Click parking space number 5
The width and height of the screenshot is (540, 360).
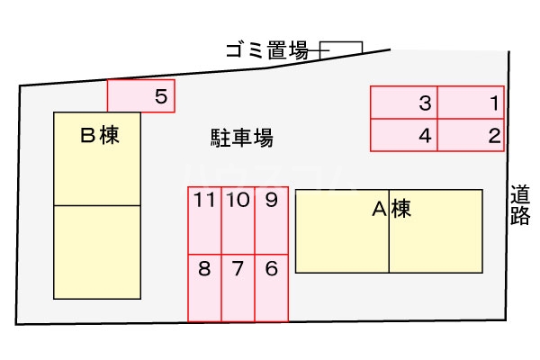pos(140,95)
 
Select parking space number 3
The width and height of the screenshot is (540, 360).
pos(405,103)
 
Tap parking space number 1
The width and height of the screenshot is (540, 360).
pos(471,103)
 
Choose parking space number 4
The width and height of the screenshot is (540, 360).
pos(405,135)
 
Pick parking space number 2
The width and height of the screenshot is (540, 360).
pos(471,135)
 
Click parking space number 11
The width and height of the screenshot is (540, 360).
pos(204,221)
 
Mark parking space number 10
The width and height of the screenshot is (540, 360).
pos(238,221)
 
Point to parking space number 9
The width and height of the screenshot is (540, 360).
pos(271,221)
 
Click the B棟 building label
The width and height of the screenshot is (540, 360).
pos(100,136)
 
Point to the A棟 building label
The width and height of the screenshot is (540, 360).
pos(392,210)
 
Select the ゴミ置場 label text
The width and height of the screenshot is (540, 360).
pos(266,50)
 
